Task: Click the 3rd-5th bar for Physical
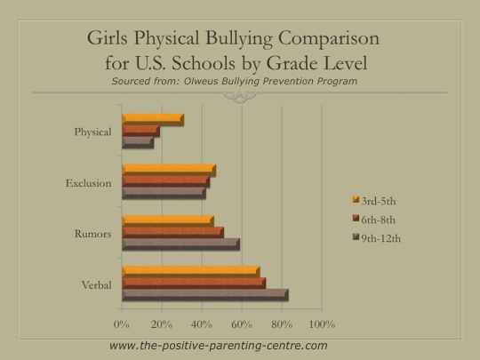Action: tap(153, 119)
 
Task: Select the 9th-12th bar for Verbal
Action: tap(205, 295)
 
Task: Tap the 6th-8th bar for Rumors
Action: tap(173, 232)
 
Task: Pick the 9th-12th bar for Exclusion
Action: tap(164, 193)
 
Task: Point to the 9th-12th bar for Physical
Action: tap(138, 142)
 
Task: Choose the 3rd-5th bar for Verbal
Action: tap(191, 272)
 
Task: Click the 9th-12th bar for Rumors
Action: tap(181, 244)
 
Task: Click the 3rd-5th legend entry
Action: tap(374, 201)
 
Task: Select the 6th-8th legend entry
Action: tap(374, 220)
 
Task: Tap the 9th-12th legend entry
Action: tap(377, 238)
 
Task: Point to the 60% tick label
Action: tap(242, 324)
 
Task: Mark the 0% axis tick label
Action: tap(122, 324)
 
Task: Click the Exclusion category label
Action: tap(89, 183)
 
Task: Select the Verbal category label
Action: tap(96, 285)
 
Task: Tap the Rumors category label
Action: tap(93, 234)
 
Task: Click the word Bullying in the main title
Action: tap(239, 39)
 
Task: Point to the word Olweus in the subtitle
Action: tap(201, 81)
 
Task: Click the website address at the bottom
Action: tap(219, 346)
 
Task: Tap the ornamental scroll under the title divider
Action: tap(240, 98)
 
